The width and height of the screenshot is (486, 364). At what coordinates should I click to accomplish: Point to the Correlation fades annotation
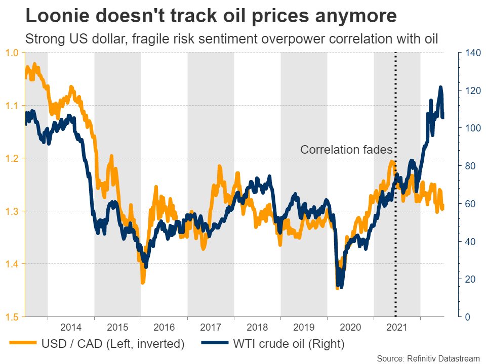coord(346,150)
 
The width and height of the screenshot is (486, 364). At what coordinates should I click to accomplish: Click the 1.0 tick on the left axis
coord(12,53)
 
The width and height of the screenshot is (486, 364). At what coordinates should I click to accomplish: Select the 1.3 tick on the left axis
coord(12,211)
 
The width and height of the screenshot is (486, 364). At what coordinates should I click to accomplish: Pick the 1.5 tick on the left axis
coord(12,316)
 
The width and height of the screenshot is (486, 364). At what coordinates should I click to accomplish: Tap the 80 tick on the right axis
coord(466,166)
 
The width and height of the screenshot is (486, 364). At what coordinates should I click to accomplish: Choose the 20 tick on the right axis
coord(466,279)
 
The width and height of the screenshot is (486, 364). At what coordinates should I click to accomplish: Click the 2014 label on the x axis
coord(71,327)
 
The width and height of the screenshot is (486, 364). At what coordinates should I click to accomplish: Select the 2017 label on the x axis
coord(211,327)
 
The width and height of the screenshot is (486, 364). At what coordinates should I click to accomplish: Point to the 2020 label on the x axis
coord(350,327)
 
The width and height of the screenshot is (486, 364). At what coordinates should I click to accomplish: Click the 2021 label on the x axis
coord(397,327)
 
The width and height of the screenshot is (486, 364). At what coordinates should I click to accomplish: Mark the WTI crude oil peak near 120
coord(440,87)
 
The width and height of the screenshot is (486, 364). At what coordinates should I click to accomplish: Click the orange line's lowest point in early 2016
coord(143,282)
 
